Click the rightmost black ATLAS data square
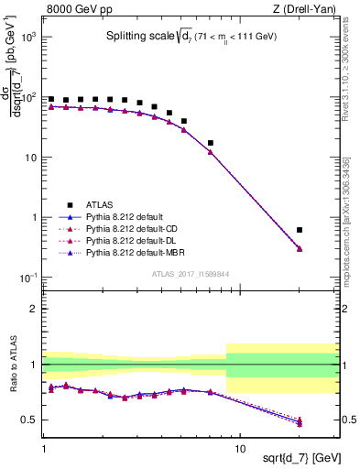[x=300, y=230]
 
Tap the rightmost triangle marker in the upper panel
[x=300, y=248]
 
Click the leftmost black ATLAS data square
[x=51, y=99]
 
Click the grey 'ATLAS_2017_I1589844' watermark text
[x=190, y=273]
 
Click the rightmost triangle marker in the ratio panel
[x=300, y=422]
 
